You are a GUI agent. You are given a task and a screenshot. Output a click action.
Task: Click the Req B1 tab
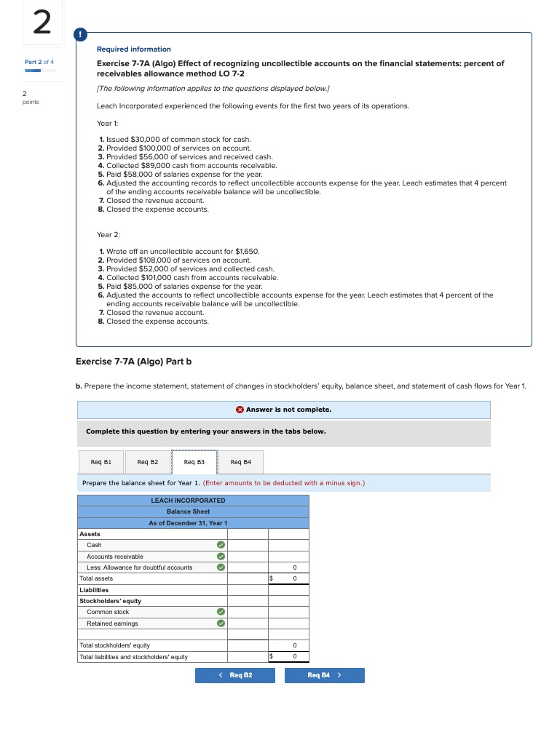tap(101, 461)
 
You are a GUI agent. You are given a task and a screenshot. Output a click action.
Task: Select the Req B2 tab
tap(148, 461)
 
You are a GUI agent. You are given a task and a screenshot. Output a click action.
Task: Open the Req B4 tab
tap(240, 461)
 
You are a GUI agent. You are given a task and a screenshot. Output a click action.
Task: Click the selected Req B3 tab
tap(194, 461)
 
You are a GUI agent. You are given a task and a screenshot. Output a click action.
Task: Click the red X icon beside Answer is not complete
tap(240, 410)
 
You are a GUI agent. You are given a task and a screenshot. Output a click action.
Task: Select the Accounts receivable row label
tap(114, 557)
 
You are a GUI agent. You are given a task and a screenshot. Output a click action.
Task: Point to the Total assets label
tap(96, 578)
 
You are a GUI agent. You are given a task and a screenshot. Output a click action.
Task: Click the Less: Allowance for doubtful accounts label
tap(139, 567)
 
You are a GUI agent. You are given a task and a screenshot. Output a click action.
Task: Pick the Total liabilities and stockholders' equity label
tap(133, 657)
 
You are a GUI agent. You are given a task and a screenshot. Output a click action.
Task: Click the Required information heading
tap(133, 49)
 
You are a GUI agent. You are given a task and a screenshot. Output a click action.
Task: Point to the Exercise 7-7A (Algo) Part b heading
tap(133, 362)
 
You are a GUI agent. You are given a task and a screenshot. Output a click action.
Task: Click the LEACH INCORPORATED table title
tap(188, 501)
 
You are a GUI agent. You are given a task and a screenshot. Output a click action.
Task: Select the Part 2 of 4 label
tap(39, 62)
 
